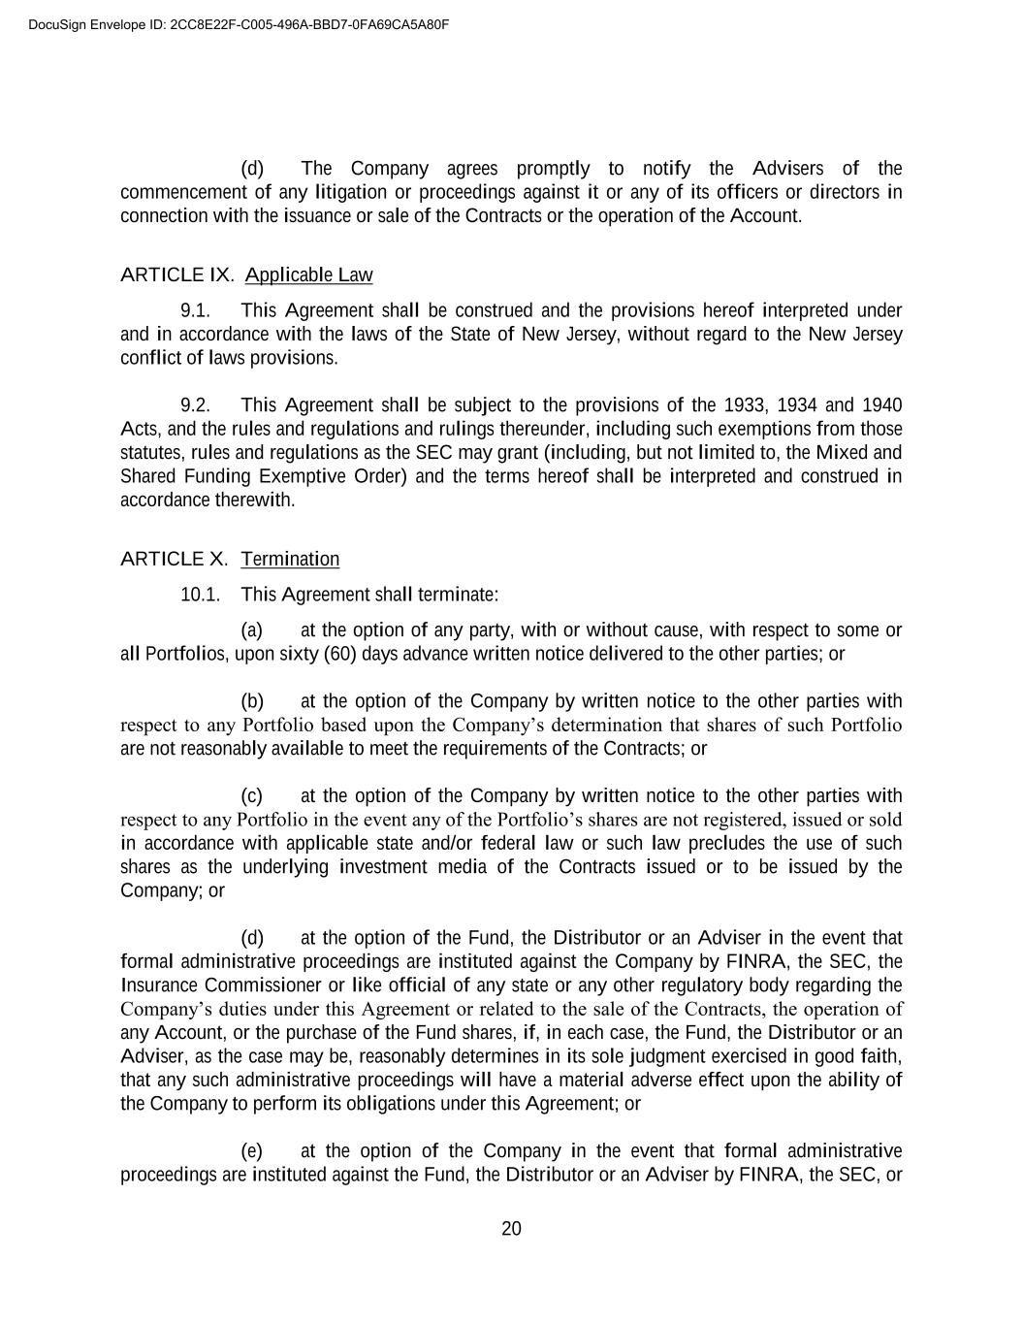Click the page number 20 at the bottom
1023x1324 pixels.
[x=511, y=1229]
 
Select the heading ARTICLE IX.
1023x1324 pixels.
[x=176, y=275]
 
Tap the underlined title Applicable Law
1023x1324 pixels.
[x=308, y=275]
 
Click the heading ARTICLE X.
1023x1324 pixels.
[x=174, y=559]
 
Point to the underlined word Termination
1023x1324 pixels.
[x=290, y=559]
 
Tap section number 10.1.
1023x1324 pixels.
[x=200, y=595]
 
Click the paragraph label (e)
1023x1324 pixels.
[x=252, y=1151]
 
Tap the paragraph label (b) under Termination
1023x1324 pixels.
[x=252, y=701]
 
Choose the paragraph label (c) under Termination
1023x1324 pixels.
[x=252, y=796]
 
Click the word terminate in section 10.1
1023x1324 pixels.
[x=458, y=595]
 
